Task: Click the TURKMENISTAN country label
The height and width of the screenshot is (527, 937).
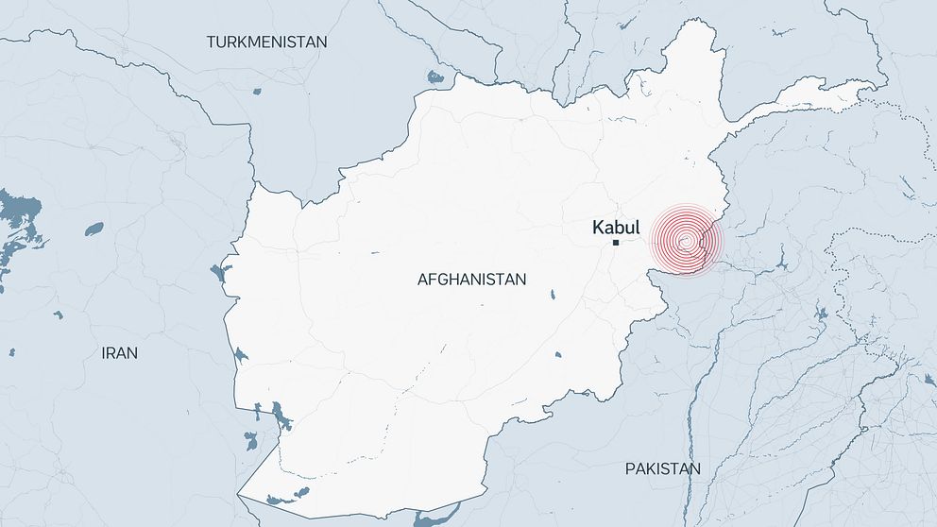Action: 267,42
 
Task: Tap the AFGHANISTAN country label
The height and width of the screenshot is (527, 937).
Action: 471,280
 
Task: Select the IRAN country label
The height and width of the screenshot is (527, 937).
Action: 119,353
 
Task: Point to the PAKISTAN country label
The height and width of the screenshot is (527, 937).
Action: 663,469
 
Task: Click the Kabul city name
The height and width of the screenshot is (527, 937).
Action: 615,227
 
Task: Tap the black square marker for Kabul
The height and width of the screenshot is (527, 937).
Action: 616,244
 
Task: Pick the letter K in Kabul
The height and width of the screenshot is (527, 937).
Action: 597,227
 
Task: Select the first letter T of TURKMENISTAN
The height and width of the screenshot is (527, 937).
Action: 212,42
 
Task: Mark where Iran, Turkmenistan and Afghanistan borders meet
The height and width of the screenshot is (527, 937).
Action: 253,182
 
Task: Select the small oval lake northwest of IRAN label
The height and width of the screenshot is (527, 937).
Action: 94,229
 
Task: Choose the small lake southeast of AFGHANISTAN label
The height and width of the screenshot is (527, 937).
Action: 550,297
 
